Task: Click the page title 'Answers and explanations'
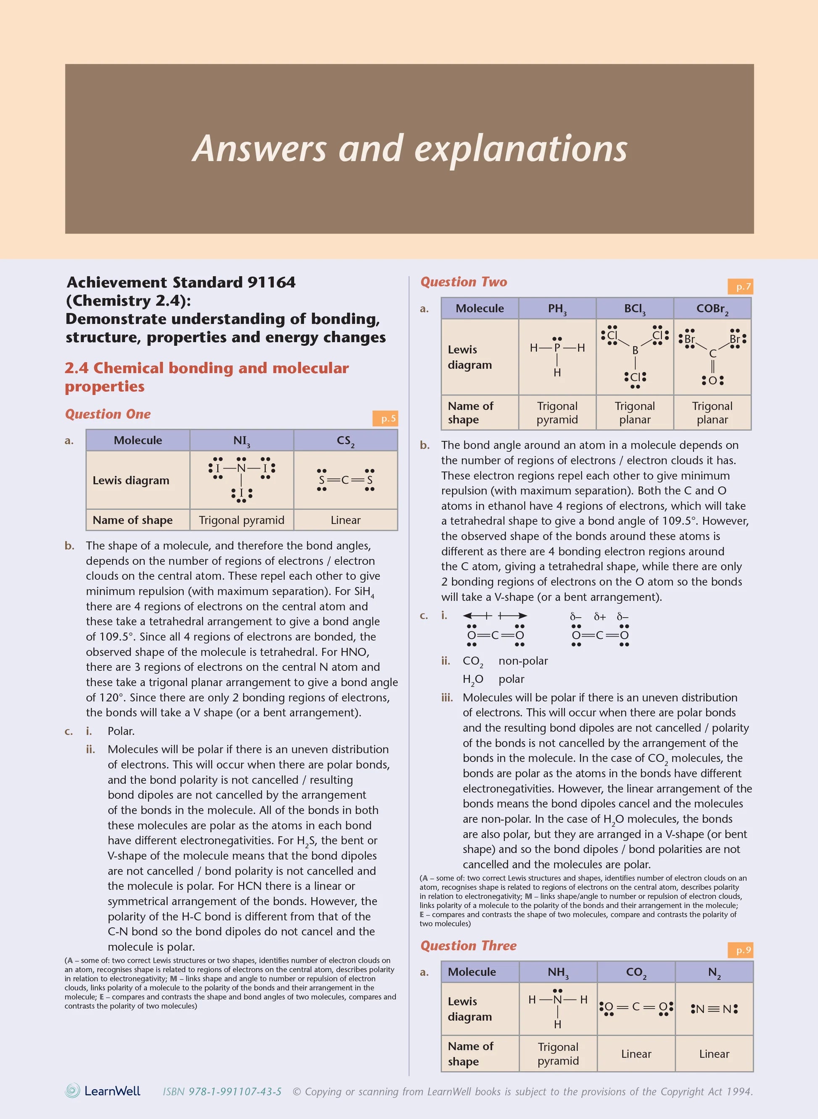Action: click(409, 148)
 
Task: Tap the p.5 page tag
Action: click(388, 419)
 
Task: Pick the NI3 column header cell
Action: click(242, 440)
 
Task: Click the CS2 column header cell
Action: click(346, 440)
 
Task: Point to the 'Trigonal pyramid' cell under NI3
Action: click(242, 520)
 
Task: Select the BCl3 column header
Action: click(635, 309)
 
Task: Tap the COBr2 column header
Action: click(712, 309)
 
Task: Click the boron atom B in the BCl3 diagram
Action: click(635, 350)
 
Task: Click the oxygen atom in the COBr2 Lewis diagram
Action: click(712, 380)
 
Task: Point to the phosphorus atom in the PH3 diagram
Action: click(557, 348)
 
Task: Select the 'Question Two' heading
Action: click(464, 282)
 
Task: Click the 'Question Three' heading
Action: click(468, 946)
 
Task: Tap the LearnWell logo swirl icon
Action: click(73, 1091)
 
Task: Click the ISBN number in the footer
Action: click(222, 1092)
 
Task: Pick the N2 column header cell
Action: click(714, 972)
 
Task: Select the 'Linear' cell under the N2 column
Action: click(714, 1054)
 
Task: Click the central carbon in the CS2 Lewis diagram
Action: click(345, 480)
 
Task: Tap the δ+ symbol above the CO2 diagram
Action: click(600, 617)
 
